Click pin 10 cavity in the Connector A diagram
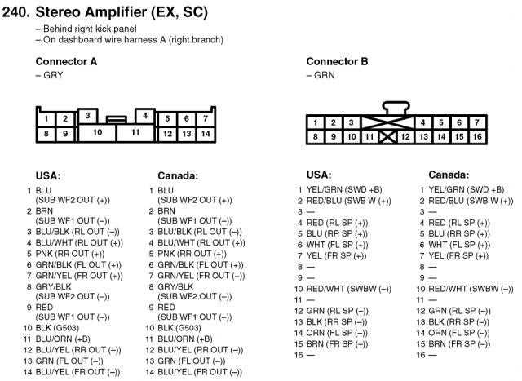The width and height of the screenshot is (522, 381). [x=97, y=133]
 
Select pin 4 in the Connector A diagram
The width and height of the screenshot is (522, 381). [x=145, y=116]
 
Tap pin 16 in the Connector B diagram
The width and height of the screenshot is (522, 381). [x=477, y=136]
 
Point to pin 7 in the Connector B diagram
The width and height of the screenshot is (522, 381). [x=477, y=122]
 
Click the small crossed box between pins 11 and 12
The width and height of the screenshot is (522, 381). [x=387, y=137]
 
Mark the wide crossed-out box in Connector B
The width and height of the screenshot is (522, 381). [x=387, y=123]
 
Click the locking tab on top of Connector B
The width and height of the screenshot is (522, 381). [x=396, y=109]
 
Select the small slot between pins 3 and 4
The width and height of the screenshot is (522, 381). [x=116, y=119]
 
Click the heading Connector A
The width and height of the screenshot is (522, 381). [x=66, y=62]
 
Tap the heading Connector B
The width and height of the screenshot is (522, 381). [x=337, y=62]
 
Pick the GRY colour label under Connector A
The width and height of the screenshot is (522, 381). [x=53, y=75]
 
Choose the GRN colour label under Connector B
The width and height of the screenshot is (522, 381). [x=325, y=75]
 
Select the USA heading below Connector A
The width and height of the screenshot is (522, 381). [x=48, y=175]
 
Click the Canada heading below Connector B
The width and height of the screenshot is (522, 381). [x=449, y=175]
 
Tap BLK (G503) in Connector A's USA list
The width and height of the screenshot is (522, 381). [x=57, y=328]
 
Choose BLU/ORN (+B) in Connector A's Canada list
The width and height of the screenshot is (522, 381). [x=185, y=339]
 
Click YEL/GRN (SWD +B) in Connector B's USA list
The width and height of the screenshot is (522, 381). [x=344, y=189]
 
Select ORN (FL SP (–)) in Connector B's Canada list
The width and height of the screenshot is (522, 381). [x=459, y=333]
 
